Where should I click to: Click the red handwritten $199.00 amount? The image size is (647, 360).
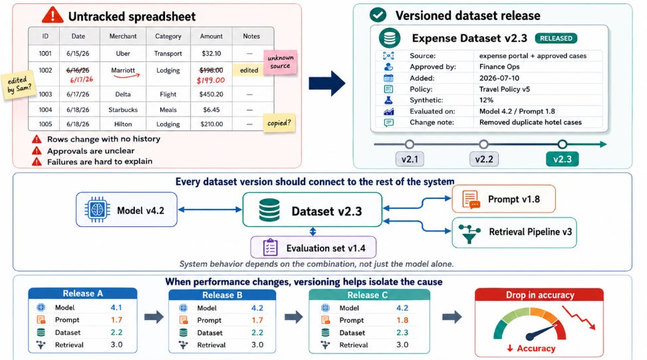click(210, 80)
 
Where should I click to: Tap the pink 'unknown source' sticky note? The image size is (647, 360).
click(281, 63)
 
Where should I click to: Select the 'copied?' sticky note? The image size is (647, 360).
click(279, 123)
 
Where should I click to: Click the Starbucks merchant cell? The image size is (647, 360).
click(123, 110)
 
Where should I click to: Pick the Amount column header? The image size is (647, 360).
click(211, 37)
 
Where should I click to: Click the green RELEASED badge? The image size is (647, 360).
click(556, 39)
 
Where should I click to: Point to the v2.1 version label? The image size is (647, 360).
click(410, 159)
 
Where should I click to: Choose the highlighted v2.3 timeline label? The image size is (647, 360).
click(562, 159)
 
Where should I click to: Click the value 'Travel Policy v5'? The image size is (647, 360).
click(504, 89)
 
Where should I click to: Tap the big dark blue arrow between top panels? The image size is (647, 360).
click(326, 83)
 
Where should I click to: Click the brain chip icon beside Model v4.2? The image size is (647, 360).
click(97, 210)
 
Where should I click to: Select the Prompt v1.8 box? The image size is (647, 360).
click(503, 199)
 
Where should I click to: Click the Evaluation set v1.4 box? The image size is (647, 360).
click(313, 248)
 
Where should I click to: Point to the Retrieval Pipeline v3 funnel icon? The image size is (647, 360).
click(469, 234)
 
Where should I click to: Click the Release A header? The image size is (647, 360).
click(82, 293)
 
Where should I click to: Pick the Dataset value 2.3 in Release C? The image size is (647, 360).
click(402, 333)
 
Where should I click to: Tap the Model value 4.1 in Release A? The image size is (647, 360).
click(116, 307)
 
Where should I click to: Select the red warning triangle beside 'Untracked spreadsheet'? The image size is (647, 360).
click(53, 15)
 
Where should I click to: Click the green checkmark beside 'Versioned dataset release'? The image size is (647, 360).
click(378, 15)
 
